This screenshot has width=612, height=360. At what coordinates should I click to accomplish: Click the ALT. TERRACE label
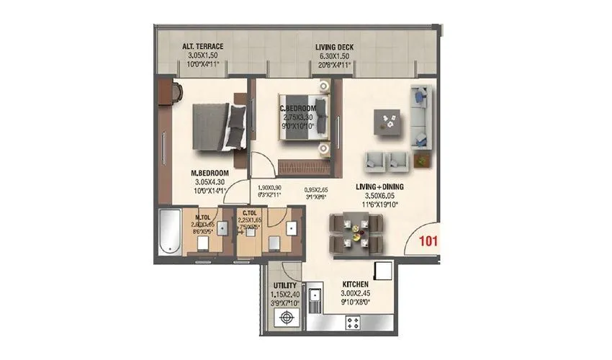coord(202,47)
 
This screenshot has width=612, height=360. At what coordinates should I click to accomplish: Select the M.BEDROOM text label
coord(210,174)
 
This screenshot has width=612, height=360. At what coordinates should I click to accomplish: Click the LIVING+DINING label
coord(379,186)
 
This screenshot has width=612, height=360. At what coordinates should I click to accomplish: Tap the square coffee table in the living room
coord(389,122)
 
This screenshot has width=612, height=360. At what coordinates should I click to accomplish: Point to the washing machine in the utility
coord(276,323)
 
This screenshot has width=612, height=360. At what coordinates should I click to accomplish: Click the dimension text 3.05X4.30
coord(210,183)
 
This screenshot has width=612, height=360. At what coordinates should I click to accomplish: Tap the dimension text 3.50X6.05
coord(379,195)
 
